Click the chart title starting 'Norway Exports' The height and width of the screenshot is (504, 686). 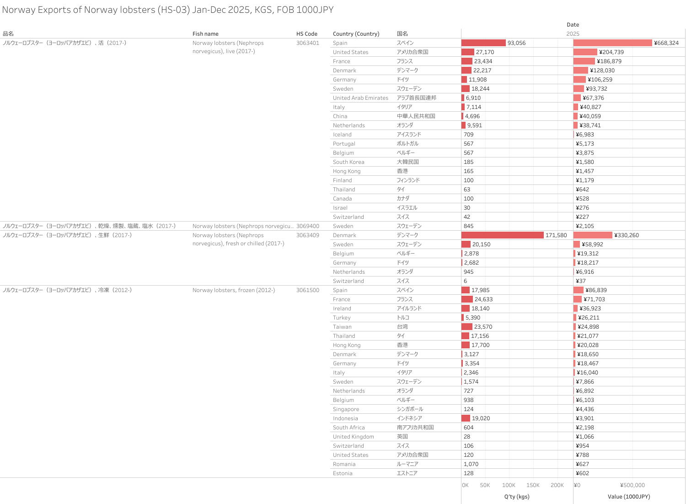click(x=168, y=10)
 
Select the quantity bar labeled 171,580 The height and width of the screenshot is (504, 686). click(x=502, y=235)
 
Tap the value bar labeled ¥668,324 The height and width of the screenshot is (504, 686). click(x=612, y=43)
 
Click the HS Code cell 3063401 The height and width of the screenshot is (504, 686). click(x=307, y=43)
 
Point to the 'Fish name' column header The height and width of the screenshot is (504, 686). click(x=205, y=34)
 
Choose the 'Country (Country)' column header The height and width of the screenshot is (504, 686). click(x=356, y=34)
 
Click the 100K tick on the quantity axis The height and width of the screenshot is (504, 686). click(x=509, y=485)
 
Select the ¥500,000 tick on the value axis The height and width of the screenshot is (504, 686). click(x=632, y=485)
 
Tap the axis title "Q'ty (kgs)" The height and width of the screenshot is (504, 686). click(x=517, y=497)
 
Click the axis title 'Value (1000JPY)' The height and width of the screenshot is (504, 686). click(x=629, y=497)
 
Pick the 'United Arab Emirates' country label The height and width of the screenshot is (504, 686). click(x=360, y=98)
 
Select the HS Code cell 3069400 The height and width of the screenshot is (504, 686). click(x=307, y=226)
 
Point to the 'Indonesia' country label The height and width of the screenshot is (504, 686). click(x=345, y=418)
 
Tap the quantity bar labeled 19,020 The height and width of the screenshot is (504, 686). click(x=466, y=418)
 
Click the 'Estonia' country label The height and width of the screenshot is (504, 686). click(x=343, y=473)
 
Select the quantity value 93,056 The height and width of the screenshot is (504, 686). click(x=516, y=43)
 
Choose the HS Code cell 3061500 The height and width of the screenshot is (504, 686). click(x=307, y=290)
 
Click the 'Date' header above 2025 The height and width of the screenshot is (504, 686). click(x=573, y=25)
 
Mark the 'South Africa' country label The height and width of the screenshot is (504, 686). click(x=348, y=428)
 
